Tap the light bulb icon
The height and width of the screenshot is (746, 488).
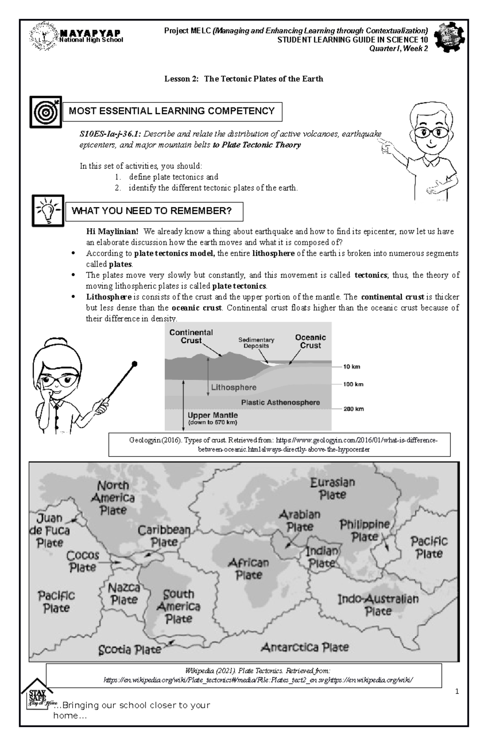(48, 211)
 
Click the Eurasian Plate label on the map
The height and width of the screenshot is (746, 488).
(332, 489)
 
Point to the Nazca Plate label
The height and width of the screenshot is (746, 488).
(124, 594)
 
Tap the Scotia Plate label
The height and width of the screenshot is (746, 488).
(130, 650)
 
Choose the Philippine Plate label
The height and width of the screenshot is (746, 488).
(365, 531)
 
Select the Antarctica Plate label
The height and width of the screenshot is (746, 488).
(305, 647)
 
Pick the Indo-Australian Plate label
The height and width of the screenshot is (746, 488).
(378, 605)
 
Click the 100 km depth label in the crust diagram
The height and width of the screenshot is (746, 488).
(353, 384)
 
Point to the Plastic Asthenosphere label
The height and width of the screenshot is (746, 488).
(281, 402)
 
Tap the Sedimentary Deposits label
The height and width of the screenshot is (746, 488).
(256, 343)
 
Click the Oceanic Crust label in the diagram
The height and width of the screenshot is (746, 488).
(310, 341)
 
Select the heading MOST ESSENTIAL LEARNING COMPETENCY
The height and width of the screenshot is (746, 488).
(172, 111)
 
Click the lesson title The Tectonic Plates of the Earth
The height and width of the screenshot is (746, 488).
(244, 79)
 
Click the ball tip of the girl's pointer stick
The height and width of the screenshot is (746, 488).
(135, 364)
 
